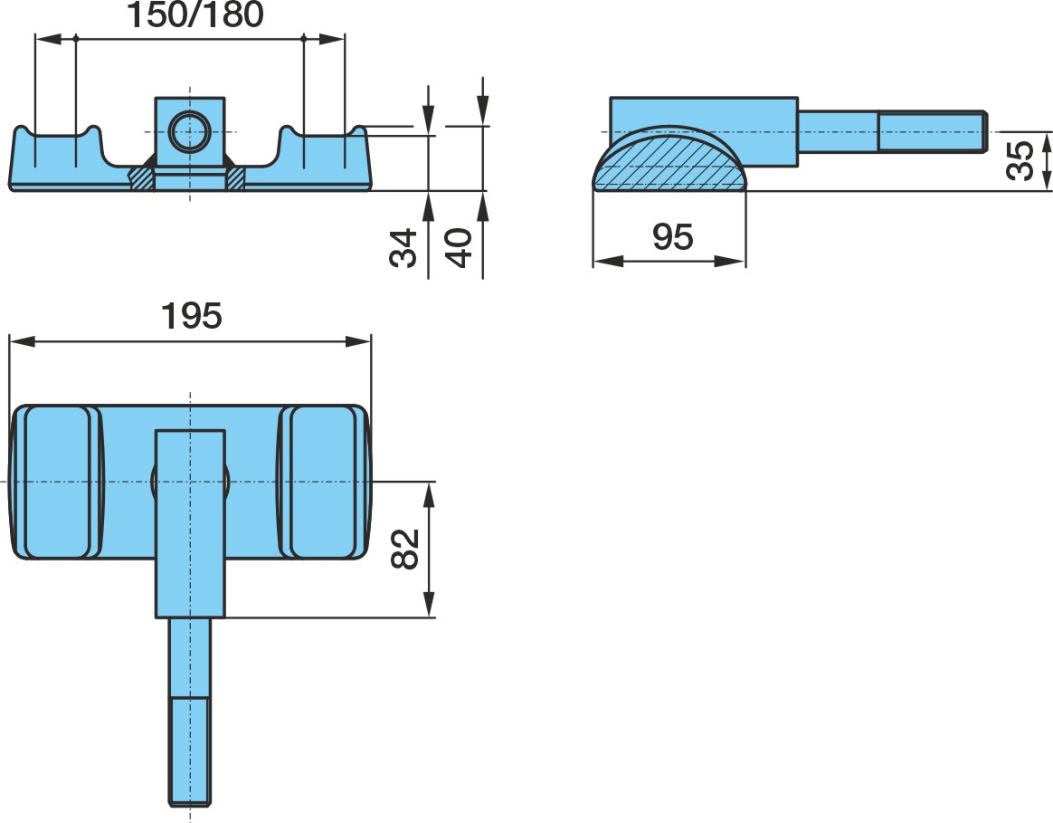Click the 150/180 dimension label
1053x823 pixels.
(x=194, y=14)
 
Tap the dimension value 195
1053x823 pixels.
(x=192, y=315)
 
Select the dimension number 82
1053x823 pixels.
(x=405, y=550)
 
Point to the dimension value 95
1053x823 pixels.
(x=672, y=236)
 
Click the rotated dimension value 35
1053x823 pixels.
(x=1020, y=160)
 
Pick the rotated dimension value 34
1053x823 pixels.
(x=403, y=248)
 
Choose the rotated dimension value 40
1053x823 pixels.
(x=460, y=248)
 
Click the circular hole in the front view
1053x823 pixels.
(x=190, y=132)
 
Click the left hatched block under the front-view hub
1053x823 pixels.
(x=142, y=178)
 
